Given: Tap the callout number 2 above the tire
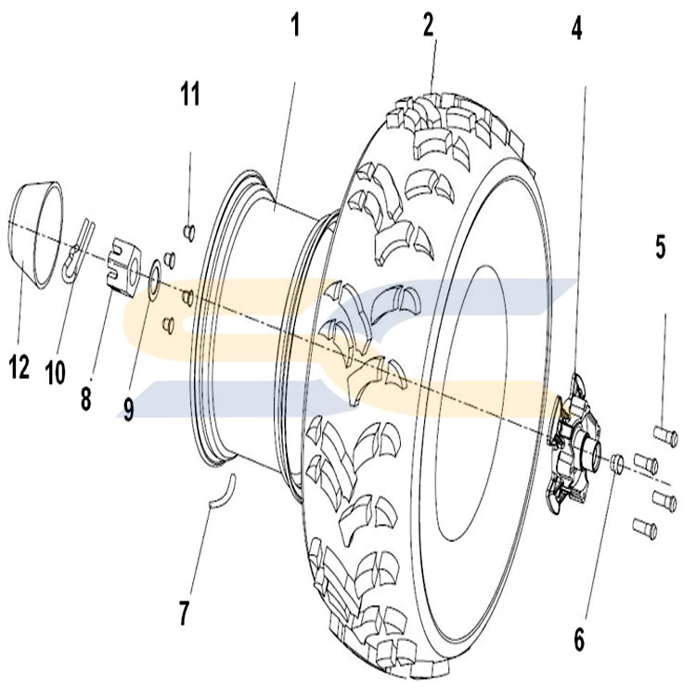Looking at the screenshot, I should point(428,25).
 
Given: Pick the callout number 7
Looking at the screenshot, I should point(184,612).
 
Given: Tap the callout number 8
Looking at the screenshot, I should point(85,398).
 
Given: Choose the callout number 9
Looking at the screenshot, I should point(128,409).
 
